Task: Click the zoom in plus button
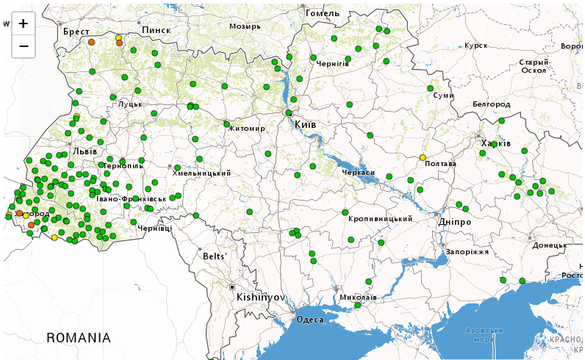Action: (24, 24)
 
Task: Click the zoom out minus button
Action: (24, 46)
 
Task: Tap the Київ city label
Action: (305, 125)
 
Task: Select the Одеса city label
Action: (309, 320)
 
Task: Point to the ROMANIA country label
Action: (79, 338)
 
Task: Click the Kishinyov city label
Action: (260, 298)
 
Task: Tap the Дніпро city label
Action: (454, 222)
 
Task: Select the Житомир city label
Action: (247, 129)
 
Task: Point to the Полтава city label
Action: (441, 164)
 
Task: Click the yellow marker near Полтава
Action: (423, 157)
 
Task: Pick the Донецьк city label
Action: (550, 245)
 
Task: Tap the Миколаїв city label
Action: (358, 298)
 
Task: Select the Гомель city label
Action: (323, 13)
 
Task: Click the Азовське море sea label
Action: (484, 335)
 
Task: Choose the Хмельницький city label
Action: (202, 173)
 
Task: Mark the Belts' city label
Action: (215, 256)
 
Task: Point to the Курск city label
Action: (476, 46)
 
